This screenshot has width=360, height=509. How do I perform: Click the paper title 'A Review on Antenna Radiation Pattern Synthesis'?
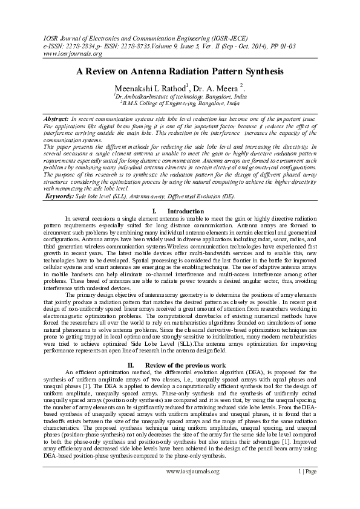tap(180, 71)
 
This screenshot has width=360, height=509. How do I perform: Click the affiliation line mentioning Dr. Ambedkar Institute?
tap(180, 96)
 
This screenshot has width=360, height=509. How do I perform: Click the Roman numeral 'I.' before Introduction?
tap(155, 211)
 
